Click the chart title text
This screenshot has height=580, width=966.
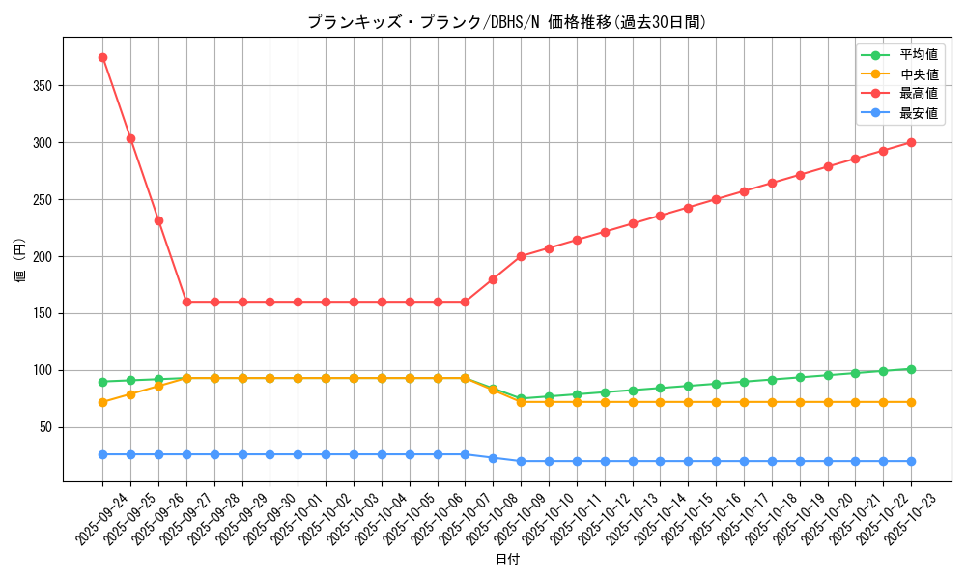pos(506,22)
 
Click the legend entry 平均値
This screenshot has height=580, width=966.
pos(918,55)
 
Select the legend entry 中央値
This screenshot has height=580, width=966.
pos(918,74)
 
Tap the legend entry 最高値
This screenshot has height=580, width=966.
pos(918,94)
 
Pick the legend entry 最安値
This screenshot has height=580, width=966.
pos(918,113)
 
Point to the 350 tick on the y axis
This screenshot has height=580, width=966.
pos(43,86)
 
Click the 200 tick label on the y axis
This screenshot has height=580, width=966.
pos(43,257)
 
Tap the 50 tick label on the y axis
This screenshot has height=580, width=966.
pos(46,427)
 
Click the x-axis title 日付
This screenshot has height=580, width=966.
pos(506,560)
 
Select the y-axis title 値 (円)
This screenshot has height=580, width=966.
pos(20,259)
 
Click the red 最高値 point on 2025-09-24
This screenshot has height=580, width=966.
pos(102,57)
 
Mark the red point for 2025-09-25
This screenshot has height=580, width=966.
pos(130,138)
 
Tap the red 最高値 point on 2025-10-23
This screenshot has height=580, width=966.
pos(911,142)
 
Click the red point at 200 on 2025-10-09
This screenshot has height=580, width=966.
pos(521,256)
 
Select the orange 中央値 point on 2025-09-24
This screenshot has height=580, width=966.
pos(102,402)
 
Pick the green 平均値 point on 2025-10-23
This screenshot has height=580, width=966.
pos(911,369)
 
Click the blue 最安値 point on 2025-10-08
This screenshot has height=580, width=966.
pos(493,458)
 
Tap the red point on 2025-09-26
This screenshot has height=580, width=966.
pos(158,220)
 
